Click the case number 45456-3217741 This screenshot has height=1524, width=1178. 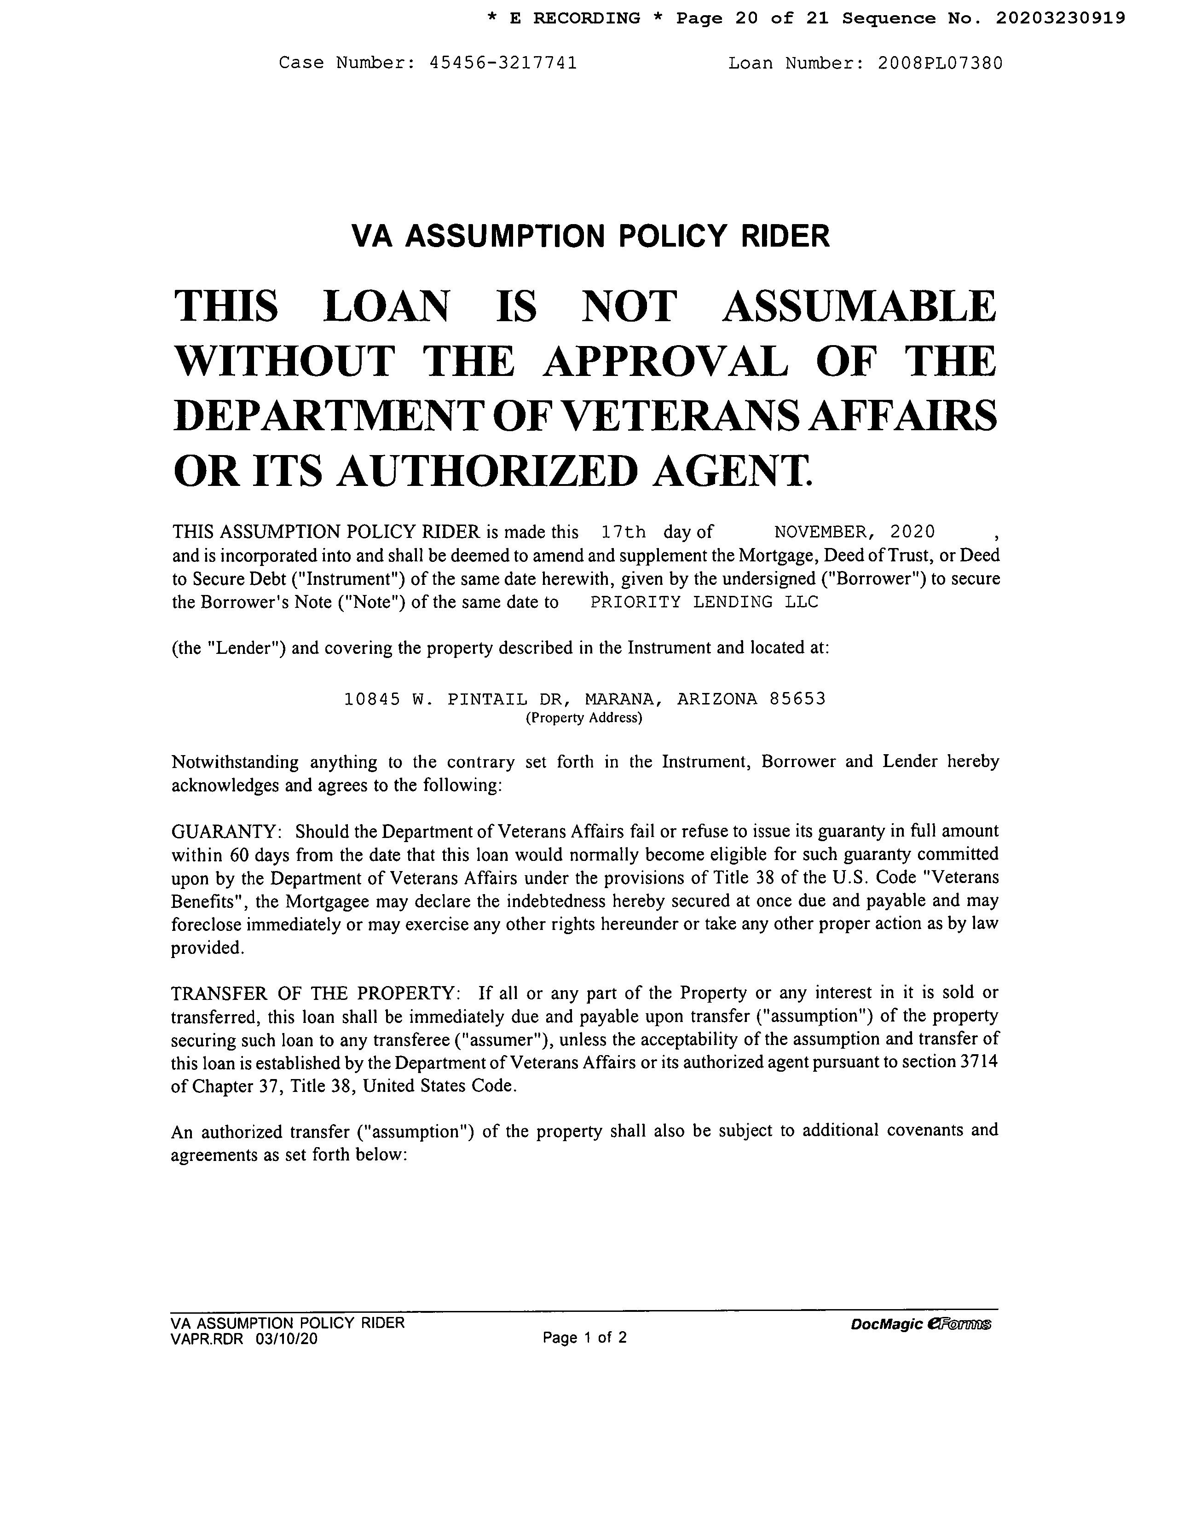[503, 63]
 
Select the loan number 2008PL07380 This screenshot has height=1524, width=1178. [940, 63]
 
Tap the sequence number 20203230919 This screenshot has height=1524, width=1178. [1060, 18]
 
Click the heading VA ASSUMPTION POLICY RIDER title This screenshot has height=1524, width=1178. [590, 236]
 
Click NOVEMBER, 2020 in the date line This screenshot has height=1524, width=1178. [854, 532]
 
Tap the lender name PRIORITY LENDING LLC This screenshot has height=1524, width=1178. [704, 602]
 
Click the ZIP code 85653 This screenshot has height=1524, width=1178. [797, 698]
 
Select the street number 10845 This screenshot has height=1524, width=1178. [372, 698]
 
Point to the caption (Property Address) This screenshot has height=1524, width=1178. [583, 718]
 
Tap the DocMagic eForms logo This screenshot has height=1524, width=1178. [920, 1324]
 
